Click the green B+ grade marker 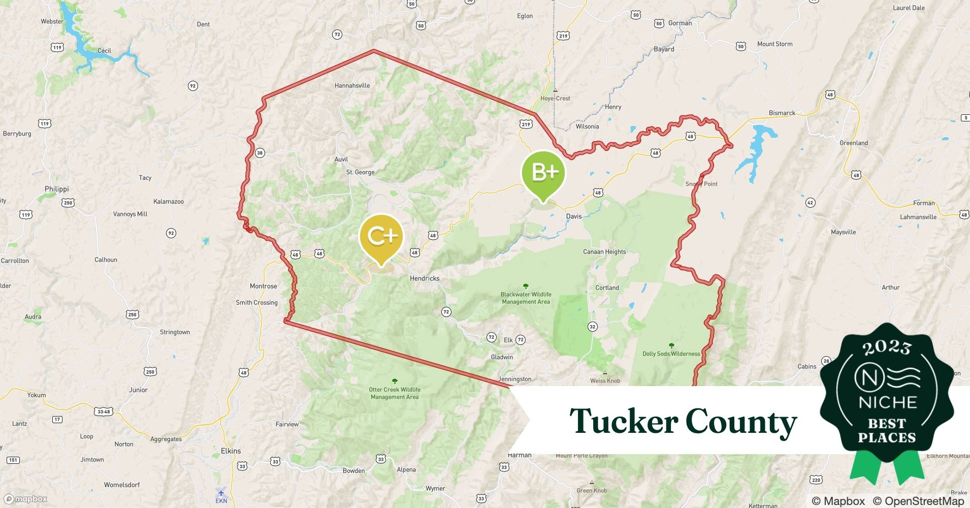[543, 173]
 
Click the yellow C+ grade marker [381, 236]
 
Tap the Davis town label [574, 216]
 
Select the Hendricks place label [425, 278]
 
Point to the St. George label [361, 172]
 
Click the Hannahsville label [352, 85]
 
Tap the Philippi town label [56, 189]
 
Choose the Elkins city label [231, 451]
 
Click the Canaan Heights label [604, 252]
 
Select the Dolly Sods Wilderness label [671, 354]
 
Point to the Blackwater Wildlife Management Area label [526, 298]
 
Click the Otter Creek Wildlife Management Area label [395, 393]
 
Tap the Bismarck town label [782, 113]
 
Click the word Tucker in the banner [623, 422]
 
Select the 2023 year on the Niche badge [887, 348]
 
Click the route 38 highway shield [260, 153]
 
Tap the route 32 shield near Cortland [592, 327]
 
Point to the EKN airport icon [221, 492]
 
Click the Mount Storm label [774, 44]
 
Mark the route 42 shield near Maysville [810, 203]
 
